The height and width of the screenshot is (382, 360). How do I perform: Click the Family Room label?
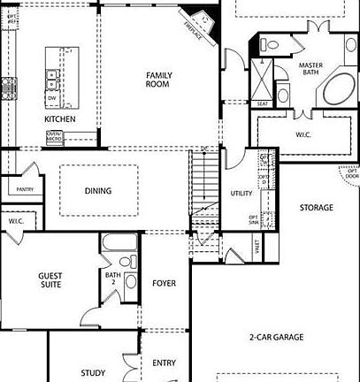point(158,80)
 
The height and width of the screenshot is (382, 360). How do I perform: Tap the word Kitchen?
point(60,119)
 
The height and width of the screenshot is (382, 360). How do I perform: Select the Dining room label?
point(97,191)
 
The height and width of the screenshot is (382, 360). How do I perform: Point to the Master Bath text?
point(310,70)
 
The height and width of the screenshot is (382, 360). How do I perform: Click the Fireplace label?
point(193,29)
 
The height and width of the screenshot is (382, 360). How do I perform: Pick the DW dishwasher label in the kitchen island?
point(53,97)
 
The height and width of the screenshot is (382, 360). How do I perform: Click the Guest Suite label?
point(50,280)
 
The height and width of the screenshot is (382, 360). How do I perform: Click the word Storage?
point(316,208)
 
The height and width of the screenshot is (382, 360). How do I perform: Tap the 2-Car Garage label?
point(277,336)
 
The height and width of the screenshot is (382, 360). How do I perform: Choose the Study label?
point(92,373)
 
